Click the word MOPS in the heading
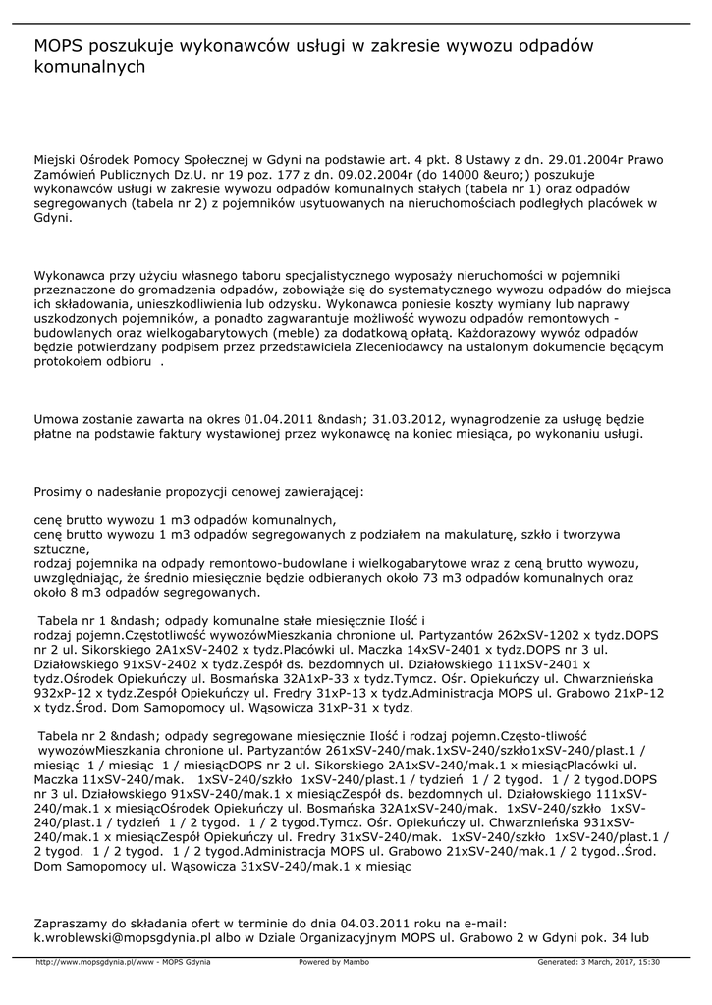pyautogui.click(x=59, y=46)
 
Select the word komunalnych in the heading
pyautogui.click(x=89, y=68)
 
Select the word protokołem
pyautogui.click(x=71, y=361)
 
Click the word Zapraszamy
pyautogui.click(x=76, y=924)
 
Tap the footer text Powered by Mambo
pyautogui.click(x=333, y=962)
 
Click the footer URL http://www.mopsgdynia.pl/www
pyautogui.click(x=96, y=962)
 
